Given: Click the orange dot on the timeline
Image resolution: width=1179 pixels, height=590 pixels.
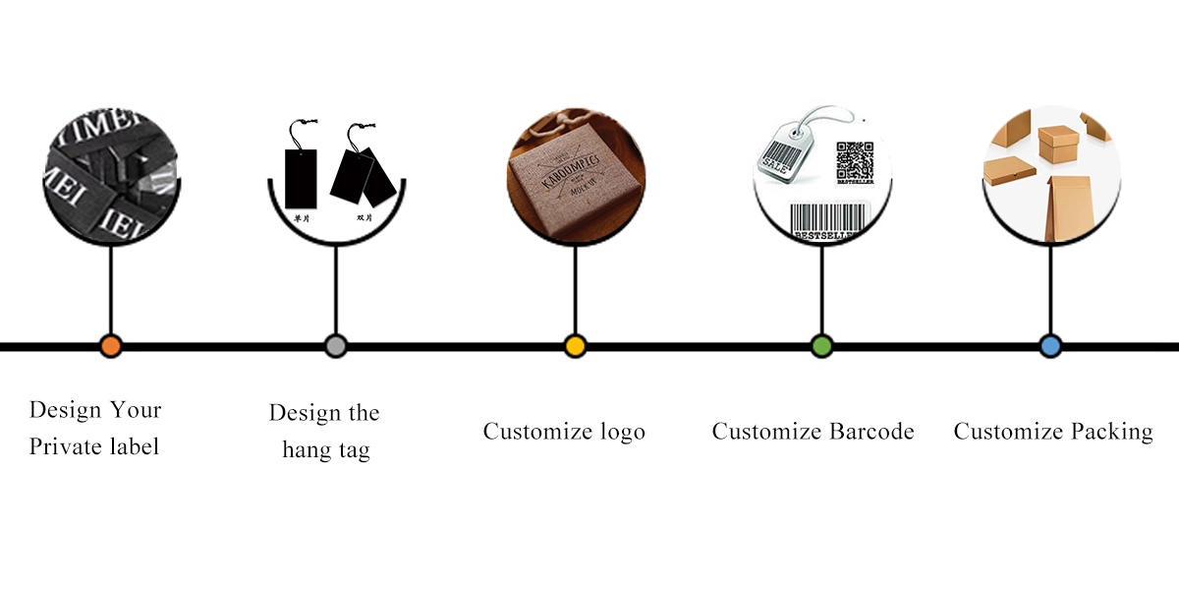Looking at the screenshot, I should [x=111, y=346].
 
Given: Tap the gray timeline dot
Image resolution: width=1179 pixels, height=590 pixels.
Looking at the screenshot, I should [x=336, y=346].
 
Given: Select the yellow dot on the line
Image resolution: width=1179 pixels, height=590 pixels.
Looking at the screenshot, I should [x=576, y=346].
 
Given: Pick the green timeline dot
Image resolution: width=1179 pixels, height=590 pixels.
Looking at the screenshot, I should [x=821, y=346].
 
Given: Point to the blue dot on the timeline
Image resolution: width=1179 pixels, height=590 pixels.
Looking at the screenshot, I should [x=1050, y=346].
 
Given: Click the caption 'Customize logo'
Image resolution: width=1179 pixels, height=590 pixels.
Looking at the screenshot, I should [x=564, y=432].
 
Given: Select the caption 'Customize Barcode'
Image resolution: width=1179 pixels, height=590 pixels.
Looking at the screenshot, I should [x=813, y=432].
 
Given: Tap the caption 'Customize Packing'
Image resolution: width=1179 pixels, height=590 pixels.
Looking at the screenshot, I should [x=1053, y=432].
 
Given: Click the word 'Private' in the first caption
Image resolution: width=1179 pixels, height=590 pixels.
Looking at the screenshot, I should [x=64, y=447].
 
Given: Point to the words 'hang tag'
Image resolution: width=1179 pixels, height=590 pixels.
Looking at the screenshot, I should [x=326, y=451].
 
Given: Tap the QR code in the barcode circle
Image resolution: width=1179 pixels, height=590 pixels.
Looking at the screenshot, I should [x=854, y=159].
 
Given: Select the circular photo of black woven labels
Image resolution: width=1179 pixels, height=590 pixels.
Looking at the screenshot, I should [x=111, y=177].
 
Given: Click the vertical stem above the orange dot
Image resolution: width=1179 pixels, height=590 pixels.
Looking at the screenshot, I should [x=111, y=290].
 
